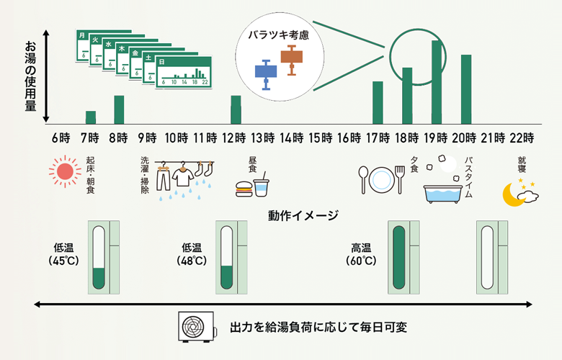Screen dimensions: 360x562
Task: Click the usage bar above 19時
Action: (437, 82)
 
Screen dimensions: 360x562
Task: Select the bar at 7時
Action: (91, 117)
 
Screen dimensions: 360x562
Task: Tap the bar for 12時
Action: (236, 109)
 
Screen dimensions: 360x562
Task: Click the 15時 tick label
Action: (318, 137)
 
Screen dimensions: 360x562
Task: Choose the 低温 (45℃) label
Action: (63, 253)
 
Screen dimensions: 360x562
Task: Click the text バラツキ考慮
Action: (277, 34)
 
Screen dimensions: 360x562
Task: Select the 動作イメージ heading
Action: (303, 215)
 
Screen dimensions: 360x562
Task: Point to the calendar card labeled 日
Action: (184, 73)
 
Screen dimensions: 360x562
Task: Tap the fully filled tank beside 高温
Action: (399, 257)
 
